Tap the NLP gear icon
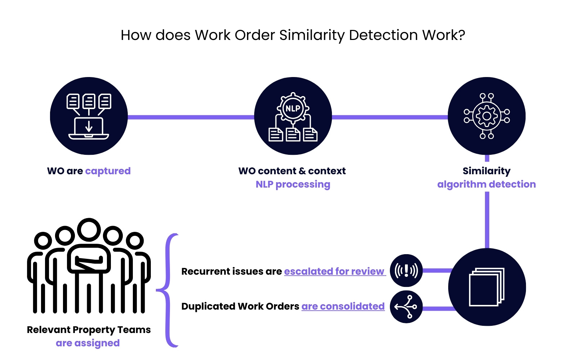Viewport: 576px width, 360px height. pos(293,108)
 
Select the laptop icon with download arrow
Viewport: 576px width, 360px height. pos(89,128)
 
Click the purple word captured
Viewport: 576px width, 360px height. pos(108,171)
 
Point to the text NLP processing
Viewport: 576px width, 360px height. pos(293,184)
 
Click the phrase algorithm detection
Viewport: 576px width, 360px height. pos(486,184)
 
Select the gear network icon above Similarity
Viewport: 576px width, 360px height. pos(486,116)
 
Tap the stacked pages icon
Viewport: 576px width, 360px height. pos(487,287)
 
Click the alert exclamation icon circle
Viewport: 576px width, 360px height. pos(406,270)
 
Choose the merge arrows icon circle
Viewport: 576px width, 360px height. pos(406,307)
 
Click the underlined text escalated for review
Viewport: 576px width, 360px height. pos(334,271)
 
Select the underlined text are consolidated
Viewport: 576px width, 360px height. pos(343,306)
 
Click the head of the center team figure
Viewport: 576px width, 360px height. pos(89,230)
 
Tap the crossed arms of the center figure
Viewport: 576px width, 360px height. pos(89,262)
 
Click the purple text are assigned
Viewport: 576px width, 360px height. pos(87,343)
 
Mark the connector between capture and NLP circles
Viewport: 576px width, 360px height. pos(191,117)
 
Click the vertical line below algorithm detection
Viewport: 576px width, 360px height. pos(487,220)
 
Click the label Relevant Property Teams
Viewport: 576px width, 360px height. pos(89,330)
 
